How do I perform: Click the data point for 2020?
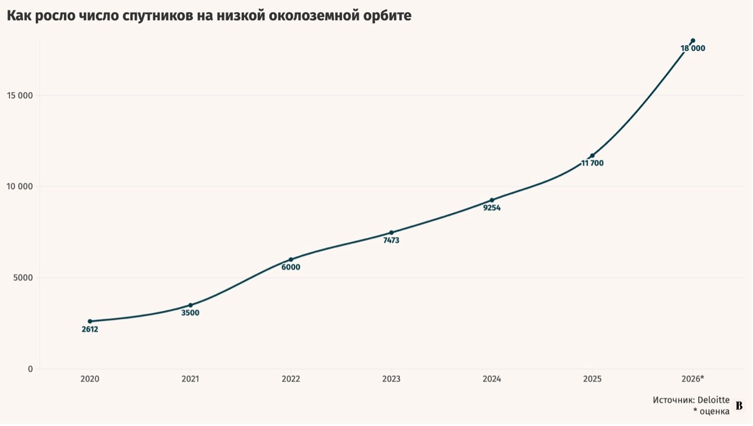(x=90, y=321)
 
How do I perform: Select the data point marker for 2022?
(x=291, y=260)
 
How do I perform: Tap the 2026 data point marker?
(x=693, y=41)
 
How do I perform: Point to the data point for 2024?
(x=492, y=200)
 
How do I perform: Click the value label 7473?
(x=391, y=241)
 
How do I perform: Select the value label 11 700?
(x=592, y=163)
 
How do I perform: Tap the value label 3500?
(x=190, y=313)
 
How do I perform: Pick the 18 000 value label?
(x=693, y=48)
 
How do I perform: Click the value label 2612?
(x=90, y=329)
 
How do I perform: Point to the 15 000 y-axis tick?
(x=20, y=95)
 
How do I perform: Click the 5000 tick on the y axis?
(x=23, y=278)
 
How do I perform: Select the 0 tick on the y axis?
(x=31, y=369)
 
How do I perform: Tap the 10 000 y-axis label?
(x=20, y=186)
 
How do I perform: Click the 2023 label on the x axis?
(x=391, y=379)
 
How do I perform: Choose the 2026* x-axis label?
(x=693, y=379)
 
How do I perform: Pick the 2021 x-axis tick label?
(x=190, y=379)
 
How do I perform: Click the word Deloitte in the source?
(x=714, y=400)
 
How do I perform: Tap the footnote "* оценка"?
(x=711, y=411)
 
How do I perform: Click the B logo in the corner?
(x=739, y=406)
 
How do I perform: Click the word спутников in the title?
(x=158, y=16)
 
